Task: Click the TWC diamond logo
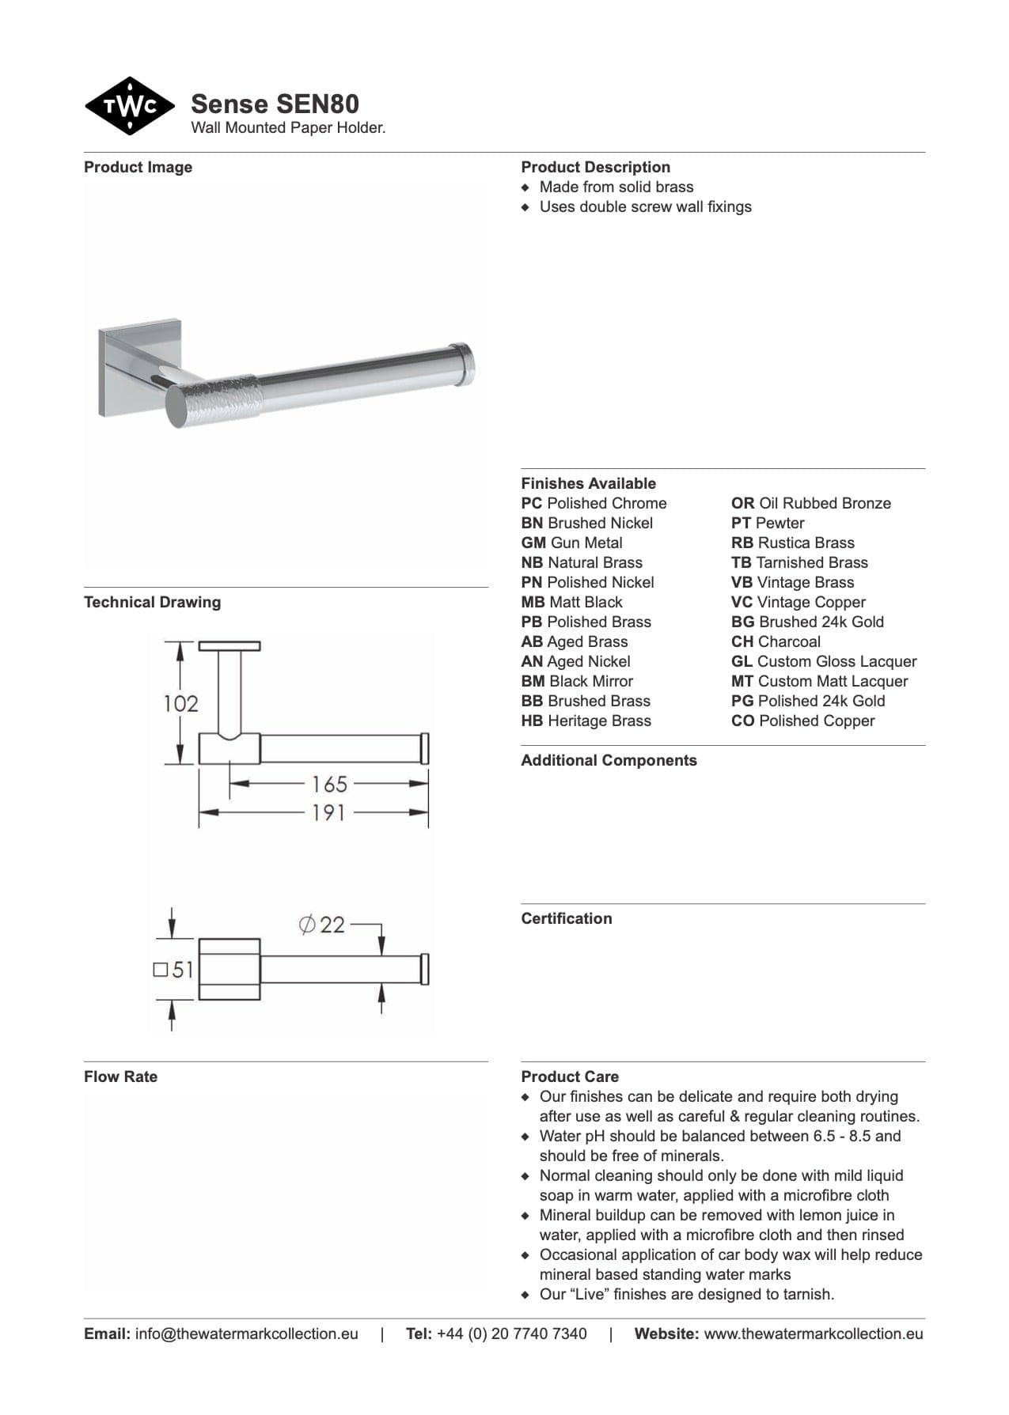point(130,106)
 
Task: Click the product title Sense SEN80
point(275,104)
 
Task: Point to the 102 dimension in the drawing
point(180,703)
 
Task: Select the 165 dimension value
point(329,784)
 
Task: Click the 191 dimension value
point(328,812)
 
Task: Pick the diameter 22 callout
point(322,924)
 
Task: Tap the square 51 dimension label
point(173,969)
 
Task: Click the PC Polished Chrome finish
point(594,503)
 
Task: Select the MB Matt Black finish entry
point(571,602)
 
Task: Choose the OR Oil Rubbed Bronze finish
point(810,503)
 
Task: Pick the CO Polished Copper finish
point(802,721)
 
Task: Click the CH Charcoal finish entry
point(776,641)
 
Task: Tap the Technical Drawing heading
point(152,602)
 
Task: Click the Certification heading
point(566,918)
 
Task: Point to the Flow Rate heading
point(120,1076)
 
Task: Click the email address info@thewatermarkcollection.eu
point(246,1334)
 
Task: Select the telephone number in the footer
point(511,1334)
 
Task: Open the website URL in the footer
point(813,1334)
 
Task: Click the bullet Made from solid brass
point(616,187)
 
